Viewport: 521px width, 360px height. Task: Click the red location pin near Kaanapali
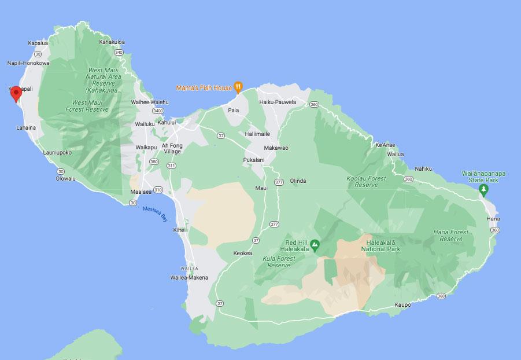(x=16, y=93)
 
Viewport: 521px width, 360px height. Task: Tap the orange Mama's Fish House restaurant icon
(x=238, y=87)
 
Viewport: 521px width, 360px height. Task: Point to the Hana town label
(x=493, y=219)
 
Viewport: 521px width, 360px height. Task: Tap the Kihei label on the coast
(x=179, y=230)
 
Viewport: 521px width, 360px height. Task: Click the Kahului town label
(x=167, y=123)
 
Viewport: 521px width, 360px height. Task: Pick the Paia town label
(x=233, y=109)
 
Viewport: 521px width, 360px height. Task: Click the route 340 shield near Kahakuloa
(x=119, y=52)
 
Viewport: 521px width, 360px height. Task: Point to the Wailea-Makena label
(x=189, y=278)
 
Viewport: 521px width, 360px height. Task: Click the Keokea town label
(x=243, y=253)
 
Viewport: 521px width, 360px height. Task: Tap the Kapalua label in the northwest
(x=38, y=43)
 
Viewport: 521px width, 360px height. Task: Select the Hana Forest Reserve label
(x=450, y=236)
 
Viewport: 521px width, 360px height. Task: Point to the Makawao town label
(x=276, y=148)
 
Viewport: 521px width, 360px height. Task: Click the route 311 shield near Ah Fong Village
(x=171, y=166)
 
